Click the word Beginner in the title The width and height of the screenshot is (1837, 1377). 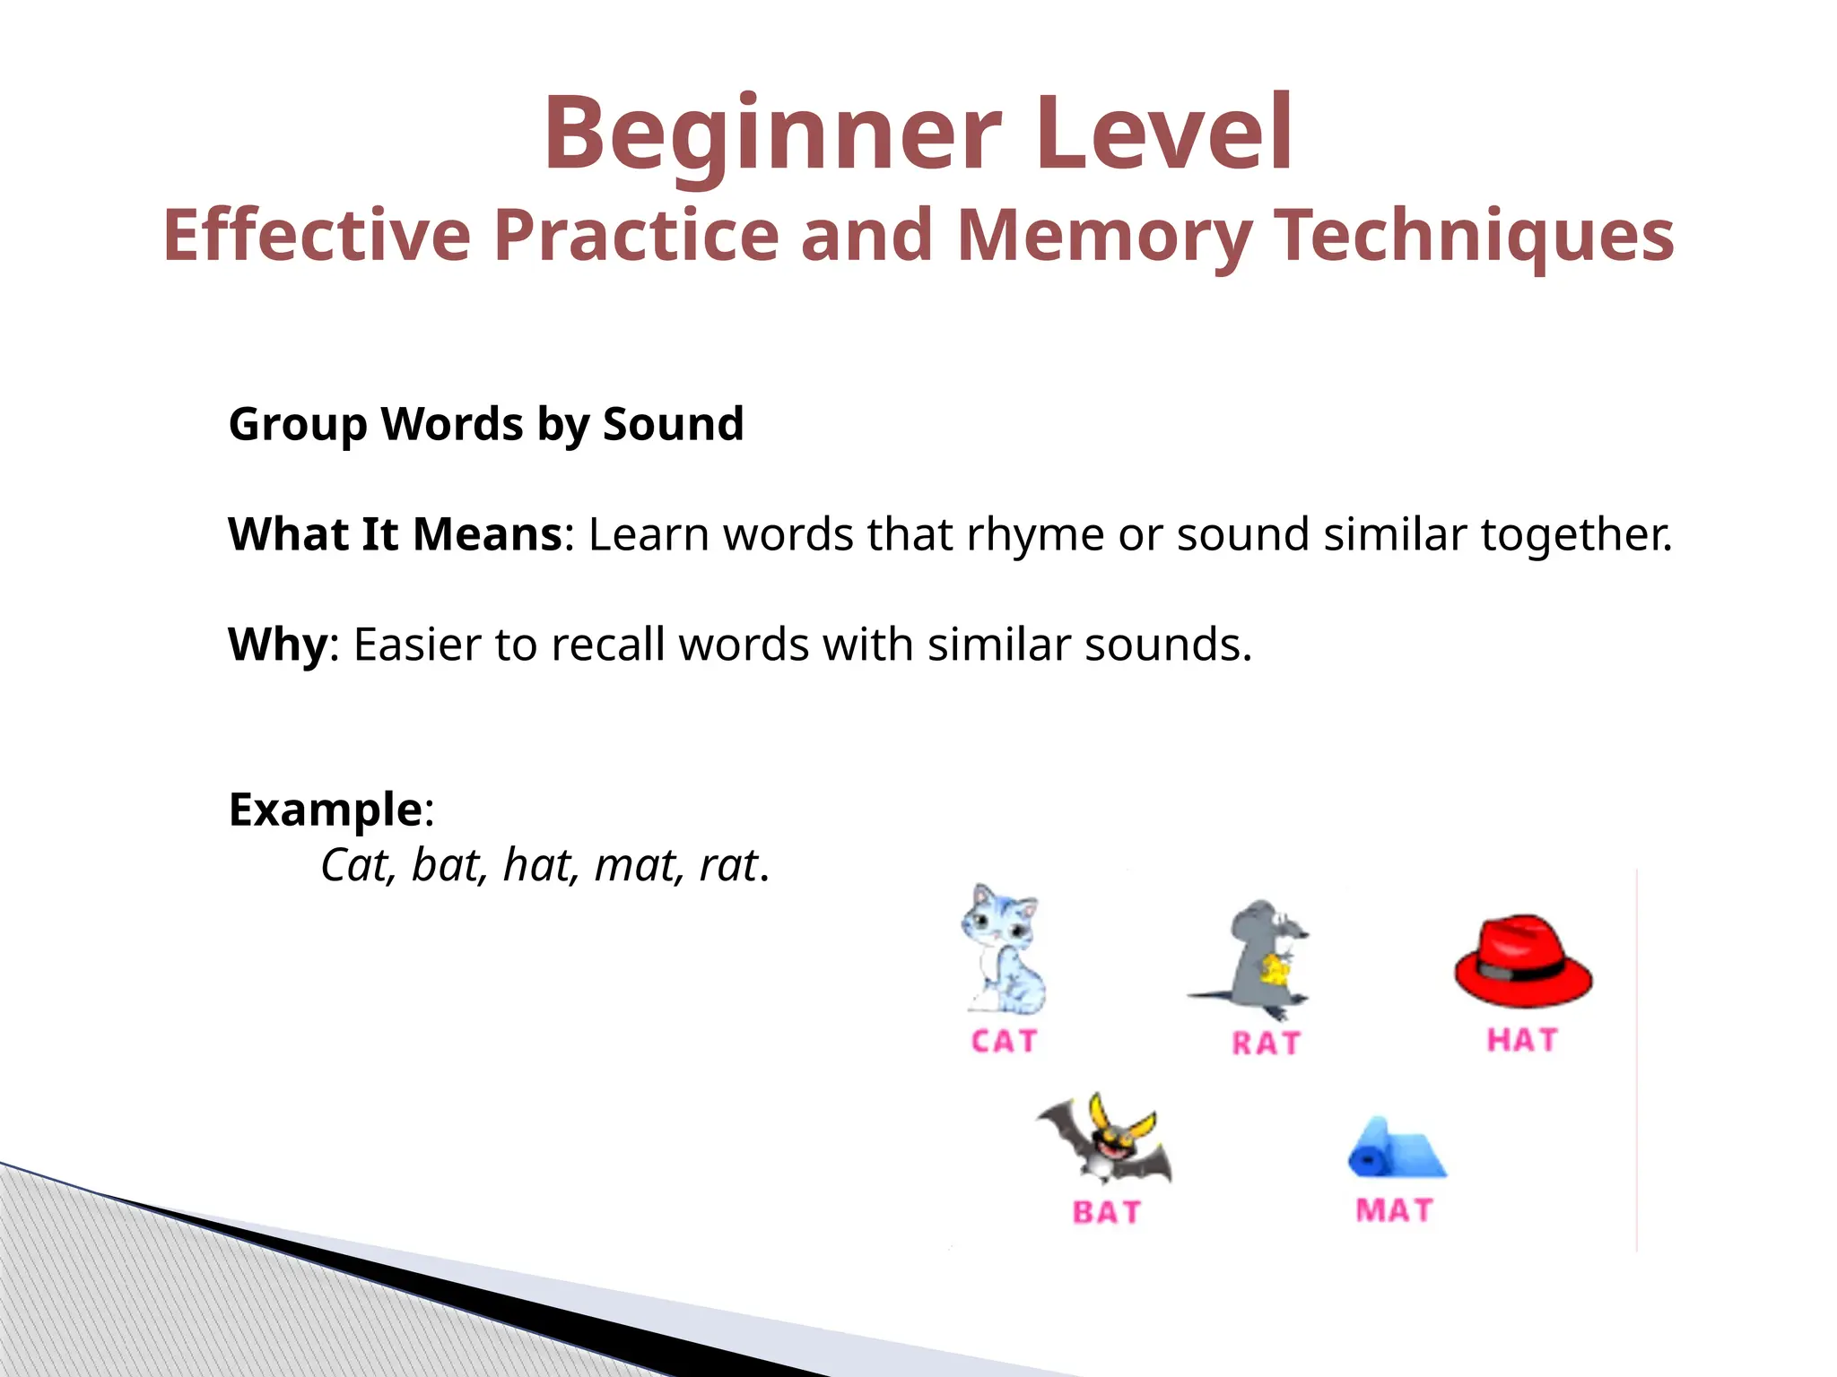[771, 134]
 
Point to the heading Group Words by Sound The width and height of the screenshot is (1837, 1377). [486, 424]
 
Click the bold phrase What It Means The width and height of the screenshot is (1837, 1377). [396, 534]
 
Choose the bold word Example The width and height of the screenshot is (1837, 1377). [326, 810]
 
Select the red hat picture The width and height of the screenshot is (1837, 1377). [1522, 961]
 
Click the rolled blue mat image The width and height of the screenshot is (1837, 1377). [1397, 1149]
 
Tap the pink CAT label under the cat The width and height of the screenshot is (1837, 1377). [1004, 1042]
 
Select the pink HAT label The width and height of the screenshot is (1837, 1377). [1522, 1040]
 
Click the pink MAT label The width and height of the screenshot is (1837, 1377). [1394, 1210]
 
